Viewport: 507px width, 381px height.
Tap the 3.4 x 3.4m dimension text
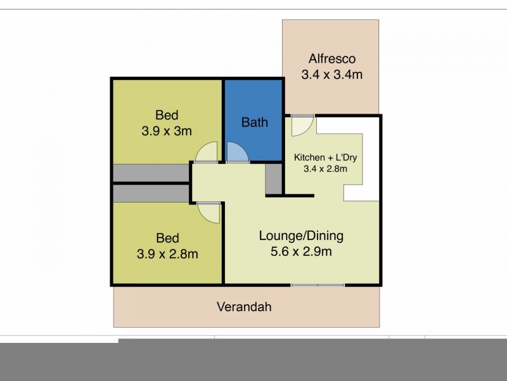point(331,75)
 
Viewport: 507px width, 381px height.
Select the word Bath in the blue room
point(254,122)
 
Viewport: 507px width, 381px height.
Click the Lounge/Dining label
point(301,236)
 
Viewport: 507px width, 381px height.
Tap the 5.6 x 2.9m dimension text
point(301,251)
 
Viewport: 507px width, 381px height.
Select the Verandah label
point(244,307)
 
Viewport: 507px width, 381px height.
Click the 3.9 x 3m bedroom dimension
point(167,131)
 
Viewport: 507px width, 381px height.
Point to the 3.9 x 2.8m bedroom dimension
point(167,254)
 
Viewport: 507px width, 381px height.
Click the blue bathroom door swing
point(236,152)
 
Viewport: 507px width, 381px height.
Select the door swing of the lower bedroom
point(207,211)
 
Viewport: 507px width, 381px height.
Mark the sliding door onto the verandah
point(318,285)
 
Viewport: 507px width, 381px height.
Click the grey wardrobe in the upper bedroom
point(151,173)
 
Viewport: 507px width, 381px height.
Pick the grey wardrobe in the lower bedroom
point(151,193)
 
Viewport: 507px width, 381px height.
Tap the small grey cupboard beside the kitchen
point(274,178)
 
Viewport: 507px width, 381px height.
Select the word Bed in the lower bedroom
point(167,239)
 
